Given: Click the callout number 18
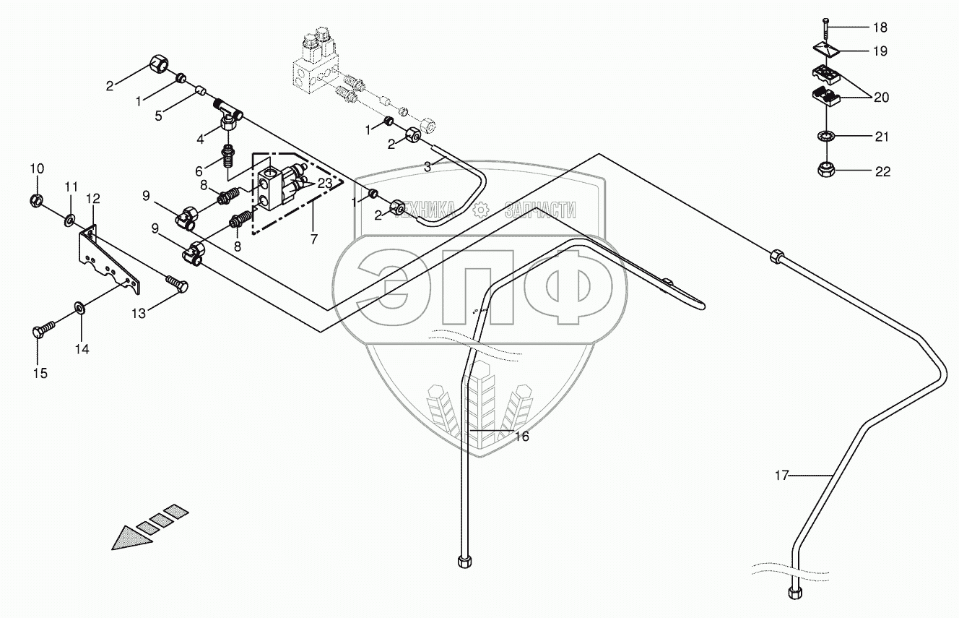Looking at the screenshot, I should [x=880, y=27].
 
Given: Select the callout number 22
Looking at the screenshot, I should [x=882, y=171].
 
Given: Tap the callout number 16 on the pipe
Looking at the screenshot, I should [x=522, y=436].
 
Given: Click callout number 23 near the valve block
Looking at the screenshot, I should [x=325, y=184].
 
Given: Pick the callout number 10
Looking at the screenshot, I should [x=37, y=168].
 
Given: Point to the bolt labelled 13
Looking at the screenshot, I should [x=177, y=283].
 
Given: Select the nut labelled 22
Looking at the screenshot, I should [x=824, y=171].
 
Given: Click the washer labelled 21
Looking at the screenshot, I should [x=824, y=135].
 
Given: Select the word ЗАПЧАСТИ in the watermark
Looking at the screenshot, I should [x=540, y=210].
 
